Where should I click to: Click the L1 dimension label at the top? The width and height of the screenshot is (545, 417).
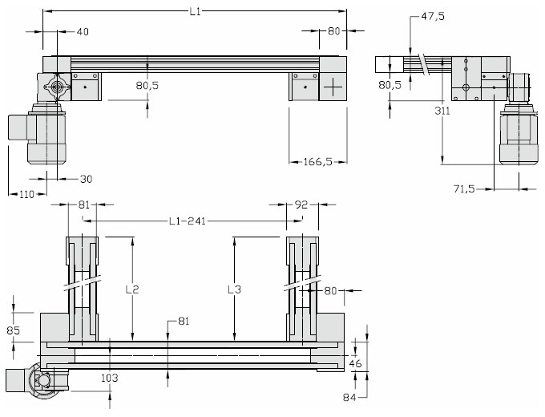(196, 11)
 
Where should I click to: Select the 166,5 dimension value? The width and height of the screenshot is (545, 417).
(318, 162)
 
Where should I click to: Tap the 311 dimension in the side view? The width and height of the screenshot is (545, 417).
(442, 111)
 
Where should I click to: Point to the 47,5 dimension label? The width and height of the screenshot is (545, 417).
(433, 16)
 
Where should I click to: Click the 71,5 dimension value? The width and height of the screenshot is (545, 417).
(464, 188)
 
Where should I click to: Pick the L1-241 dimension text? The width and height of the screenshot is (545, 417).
(188, 221)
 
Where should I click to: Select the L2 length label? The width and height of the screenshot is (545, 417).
(132, 289)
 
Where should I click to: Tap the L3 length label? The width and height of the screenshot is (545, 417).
(234, 289)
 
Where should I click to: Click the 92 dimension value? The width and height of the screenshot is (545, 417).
(301, 204)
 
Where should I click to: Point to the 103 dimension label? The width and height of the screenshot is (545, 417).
(110, 378)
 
